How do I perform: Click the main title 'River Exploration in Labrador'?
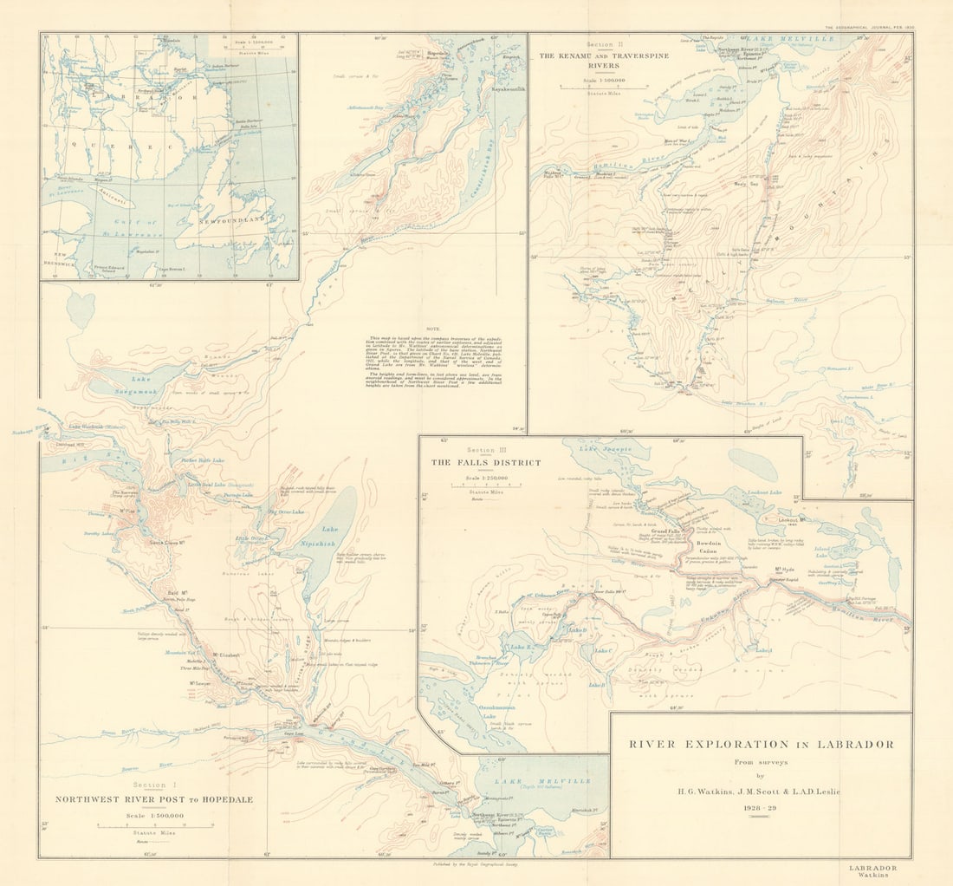pos(761,744)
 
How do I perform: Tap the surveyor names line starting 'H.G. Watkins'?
pos(761,792)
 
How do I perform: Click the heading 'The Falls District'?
pos(485,463)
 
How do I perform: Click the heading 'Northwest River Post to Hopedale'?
pos(154,799)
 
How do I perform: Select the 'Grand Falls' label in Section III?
pos(665,531)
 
